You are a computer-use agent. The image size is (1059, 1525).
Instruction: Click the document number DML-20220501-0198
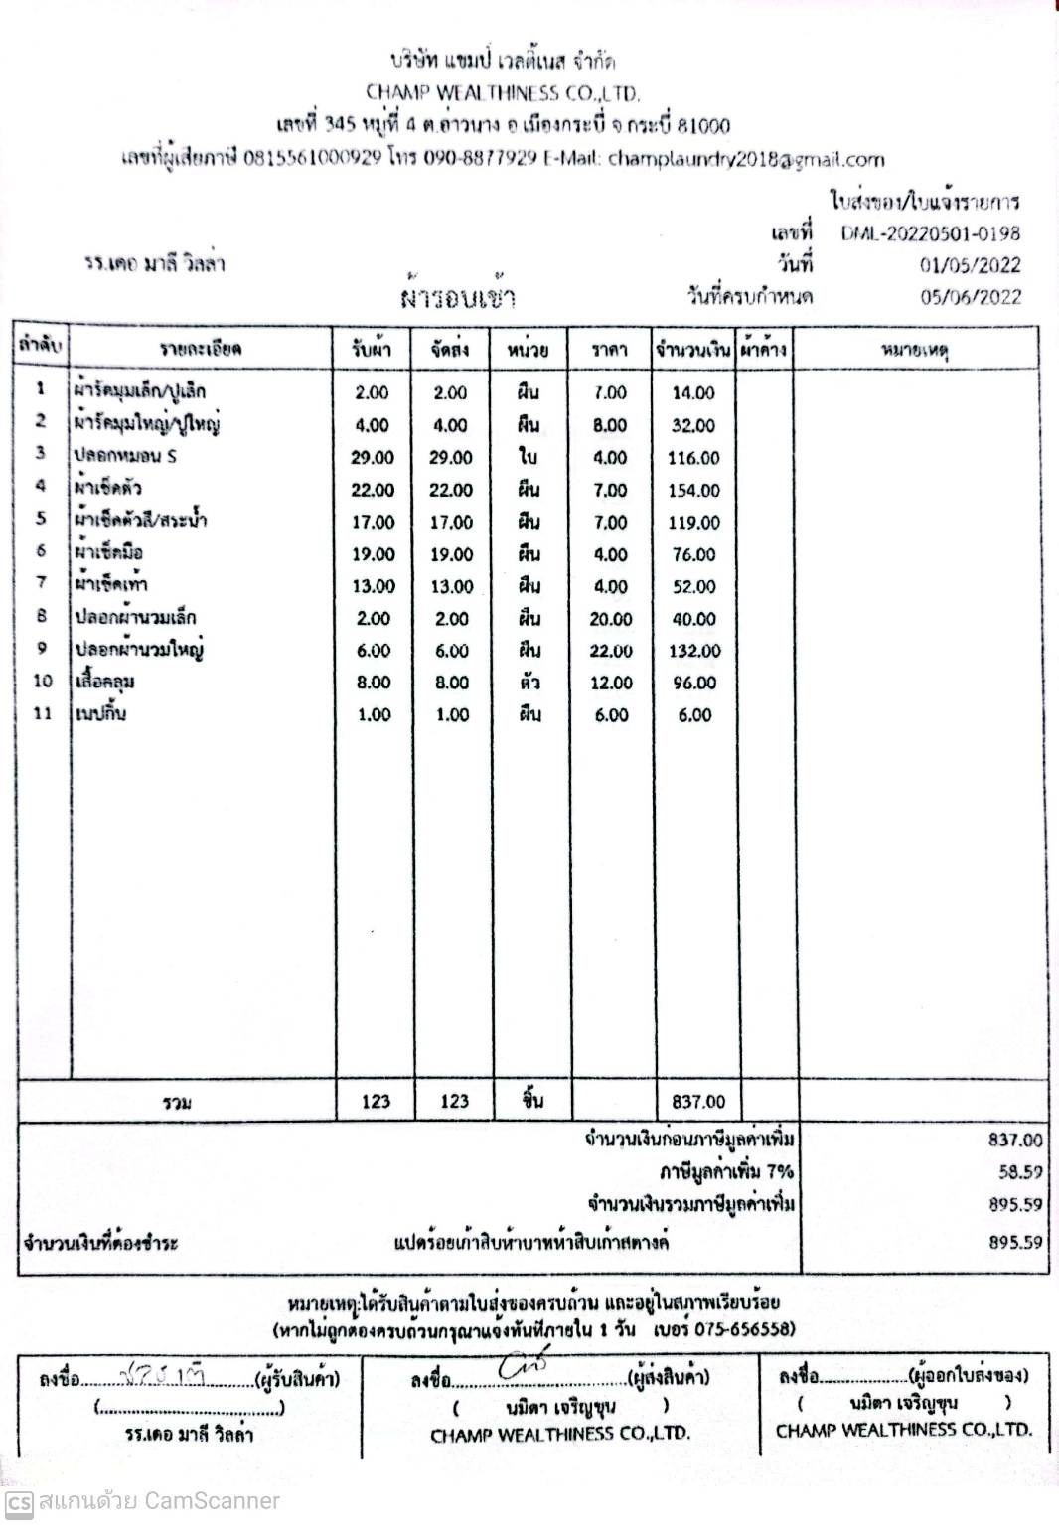[x=930, y=233]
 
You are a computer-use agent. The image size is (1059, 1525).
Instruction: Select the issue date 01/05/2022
[x=970, y=265]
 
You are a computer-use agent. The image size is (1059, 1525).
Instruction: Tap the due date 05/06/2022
[x=970, y=297]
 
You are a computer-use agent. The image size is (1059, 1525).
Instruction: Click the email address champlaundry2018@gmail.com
[x=745, y=159]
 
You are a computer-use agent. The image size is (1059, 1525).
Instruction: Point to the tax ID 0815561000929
[x=312, y=159]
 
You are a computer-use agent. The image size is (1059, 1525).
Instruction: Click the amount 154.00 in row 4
[x=693, y=491]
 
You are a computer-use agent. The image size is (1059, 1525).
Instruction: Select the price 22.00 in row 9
[x=610, y=651]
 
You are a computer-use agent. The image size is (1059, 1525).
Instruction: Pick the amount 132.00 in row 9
[x=693, y=651]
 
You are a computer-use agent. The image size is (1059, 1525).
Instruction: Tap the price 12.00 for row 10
[x=610, y=683]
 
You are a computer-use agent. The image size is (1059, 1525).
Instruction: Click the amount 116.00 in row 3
[x=693, y=459]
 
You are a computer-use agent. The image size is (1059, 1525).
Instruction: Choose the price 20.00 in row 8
[x=610, y=619]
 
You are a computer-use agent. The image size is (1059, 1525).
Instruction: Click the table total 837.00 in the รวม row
[x=698, y=1102]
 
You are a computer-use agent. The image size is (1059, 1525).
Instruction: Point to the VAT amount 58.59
[x=1020, y=1172]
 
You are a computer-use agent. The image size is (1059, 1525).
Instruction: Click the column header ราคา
[x=609, y=350]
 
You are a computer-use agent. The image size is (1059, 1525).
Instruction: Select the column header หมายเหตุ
[x=914, y=350]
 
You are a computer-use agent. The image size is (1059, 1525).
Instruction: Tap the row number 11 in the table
[x=42, y=713]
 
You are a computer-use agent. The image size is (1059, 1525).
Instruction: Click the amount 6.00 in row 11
[x=694, y=715]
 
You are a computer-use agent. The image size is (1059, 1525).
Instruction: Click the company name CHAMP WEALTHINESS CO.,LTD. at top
[x=502, y=93]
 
